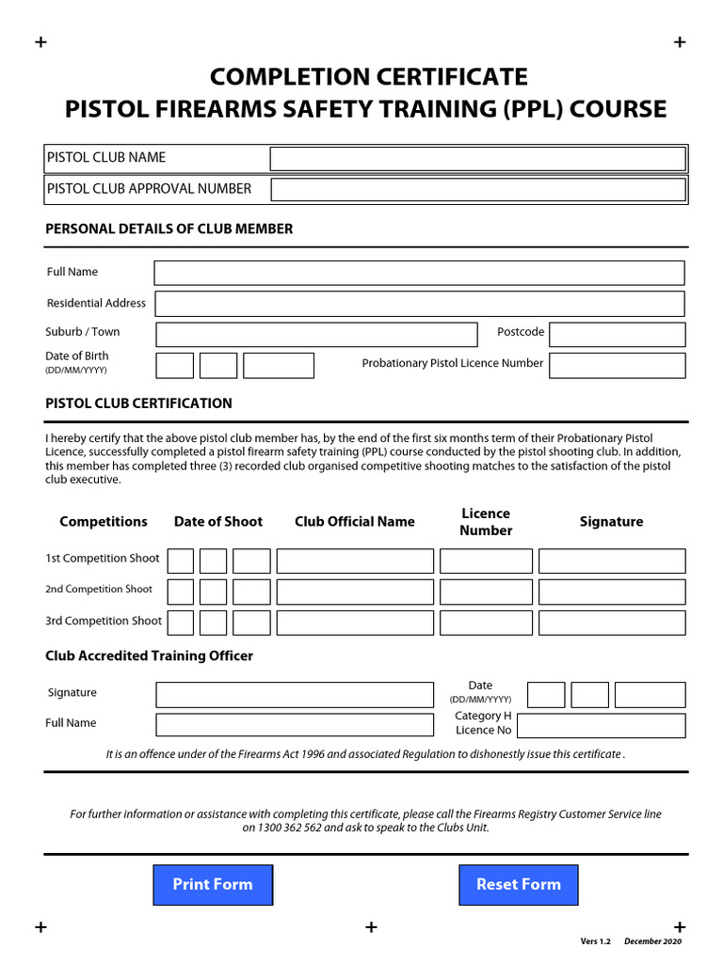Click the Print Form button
point(213,885)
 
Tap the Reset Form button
point(518,885)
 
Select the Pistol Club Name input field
point(477,159)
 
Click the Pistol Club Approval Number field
point(477,190)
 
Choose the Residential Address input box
point(419,304)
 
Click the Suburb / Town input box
point(316,335)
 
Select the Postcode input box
point(617,335)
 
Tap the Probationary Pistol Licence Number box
point(617,366)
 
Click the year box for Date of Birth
point(278,366)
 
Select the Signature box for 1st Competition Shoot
point(612,561)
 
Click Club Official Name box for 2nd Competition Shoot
point(355,592)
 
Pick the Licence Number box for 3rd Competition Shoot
point(486,623)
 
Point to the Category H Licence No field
point(601,726)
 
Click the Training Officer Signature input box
point(295,695)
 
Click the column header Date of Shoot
point(218,522)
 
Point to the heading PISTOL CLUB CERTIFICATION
point(138,403)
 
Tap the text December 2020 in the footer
point(652,941)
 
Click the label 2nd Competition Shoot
point(99,590)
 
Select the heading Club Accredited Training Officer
point(149,656)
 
